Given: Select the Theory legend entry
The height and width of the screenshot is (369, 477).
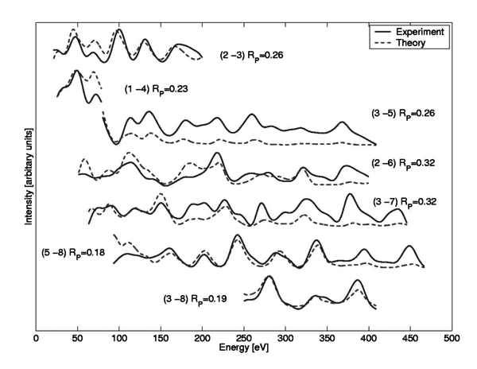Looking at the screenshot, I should coord(419,43).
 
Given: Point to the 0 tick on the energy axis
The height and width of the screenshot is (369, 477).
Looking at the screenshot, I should coord(36,339).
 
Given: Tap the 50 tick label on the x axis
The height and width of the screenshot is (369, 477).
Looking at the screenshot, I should coord(77,339).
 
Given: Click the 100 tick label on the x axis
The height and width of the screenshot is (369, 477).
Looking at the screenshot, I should coord(119,339).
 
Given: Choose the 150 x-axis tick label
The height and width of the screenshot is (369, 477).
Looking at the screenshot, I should coord(161,339).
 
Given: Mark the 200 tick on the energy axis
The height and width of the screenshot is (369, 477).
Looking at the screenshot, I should coord(202,339).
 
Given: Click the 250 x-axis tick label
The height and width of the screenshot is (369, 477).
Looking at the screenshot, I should coord(244,339).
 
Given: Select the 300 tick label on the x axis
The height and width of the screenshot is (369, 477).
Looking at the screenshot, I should coord(285,339).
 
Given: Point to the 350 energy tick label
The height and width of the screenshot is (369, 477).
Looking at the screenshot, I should coord(327,339).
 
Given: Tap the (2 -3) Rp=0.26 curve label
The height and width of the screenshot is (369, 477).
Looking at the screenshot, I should coord(252,56).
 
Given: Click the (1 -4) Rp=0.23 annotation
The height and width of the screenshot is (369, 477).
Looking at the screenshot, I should coord(157,89).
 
